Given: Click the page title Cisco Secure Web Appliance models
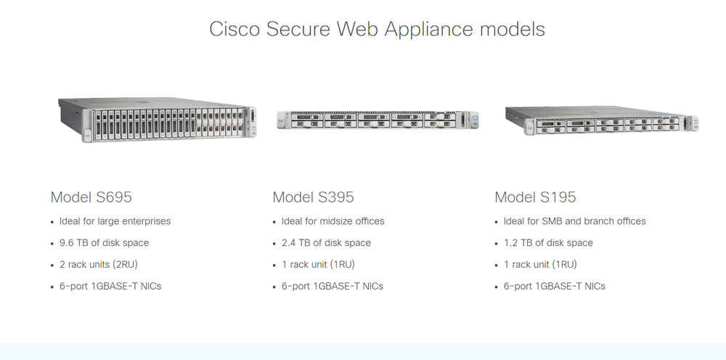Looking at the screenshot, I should coord(377,29).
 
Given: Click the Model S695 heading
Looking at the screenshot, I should coord(91,197).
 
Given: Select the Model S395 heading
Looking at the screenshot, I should coord(313,197).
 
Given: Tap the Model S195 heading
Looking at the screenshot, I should coord(535,197).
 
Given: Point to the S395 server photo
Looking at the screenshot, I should coord(378,120).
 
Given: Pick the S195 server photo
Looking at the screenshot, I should coord(601,118).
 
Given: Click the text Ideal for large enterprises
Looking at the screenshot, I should coord(115,221).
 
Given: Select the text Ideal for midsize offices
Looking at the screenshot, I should coord(333,221).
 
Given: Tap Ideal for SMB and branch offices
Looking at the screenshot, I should coord(574,221).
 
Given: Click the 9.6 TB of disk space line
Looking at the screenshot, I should coord(104,242).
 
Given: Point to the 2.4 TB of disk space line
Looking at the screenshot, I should coord(326,242).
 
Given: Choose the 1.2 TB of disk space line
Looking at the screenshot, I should coord(548,242).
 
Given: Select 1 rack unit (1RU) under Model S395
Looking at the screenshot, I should coord(318,264).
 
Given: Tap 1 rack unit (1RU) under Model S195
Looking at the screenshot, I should coord(540,264).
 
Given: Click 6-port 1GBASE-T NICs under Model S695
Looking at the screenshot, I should coord(110,286).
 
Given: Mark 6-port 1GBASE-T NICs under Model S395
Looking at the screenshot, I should coord(333,286).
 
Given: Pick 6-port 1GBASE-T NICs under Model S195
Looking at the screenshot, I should coord(555,286).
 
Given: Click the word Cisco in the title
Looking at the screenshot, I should coord(234,29).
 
